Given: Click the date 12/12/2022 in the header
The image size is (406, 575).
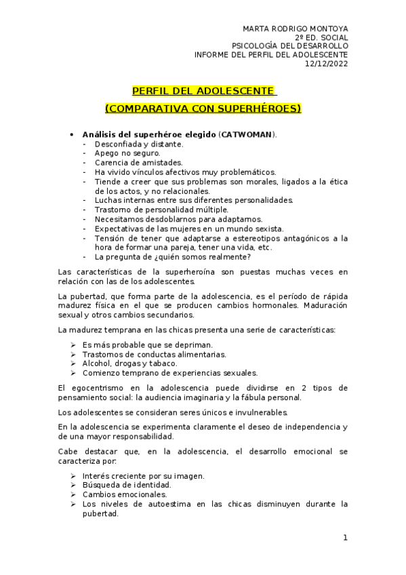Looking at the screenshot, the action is click(327, 64).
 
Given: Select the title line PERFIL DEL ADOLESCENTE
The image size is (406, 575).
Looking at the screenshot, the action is click(203, 90).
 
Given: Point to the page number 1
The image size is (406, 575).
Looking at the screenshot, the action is click(345, 538).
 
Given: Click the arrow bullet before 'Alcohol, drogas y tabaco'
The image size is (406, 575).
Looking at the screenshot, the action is click(74, 363).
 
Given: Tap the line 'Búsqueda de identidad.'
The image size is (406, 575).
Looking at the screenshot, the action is click(127, 485).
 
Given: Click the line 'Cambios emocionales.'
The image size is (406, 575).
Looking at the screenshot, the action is click(124, 495).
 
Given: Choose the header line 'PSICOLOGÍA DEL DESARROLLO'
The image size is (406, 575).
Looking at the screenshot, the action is click(290, 46).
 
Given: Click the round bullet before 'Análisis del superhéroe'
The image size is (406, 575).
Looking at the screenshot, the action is click(73, 134).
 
